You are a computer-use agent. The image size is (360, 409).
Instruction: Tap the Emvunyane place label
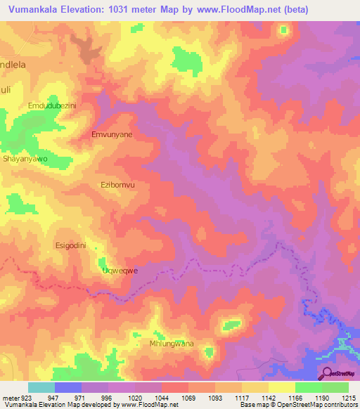pos(112,133)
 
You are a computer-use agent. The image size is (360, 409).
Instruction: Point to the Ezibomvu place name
pos(117,184)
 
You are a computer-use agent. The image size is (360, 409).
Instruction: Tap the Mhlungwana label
pos(172,344)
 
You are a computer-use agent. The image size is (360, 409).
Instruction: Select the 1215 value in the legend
pos(349,397)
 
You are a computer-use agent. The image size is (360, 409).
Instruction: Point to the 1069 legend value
pos(188,397)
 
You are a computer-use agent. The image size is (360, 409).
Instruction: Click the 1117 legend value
pos(241,397)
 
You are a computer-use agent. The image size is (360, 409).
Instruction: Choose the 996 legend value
pos(108,397)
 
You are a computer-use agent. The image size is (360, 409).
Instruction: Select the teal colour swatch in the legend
pos(41,387)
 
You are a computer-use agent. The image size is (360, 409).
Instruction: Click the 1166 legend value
pos(295,397)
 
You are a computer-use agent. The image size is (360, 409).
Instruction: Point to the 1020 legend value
pos(135,397)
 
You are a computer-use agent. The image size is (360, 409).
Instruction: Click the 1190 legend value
pos(321,397)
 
